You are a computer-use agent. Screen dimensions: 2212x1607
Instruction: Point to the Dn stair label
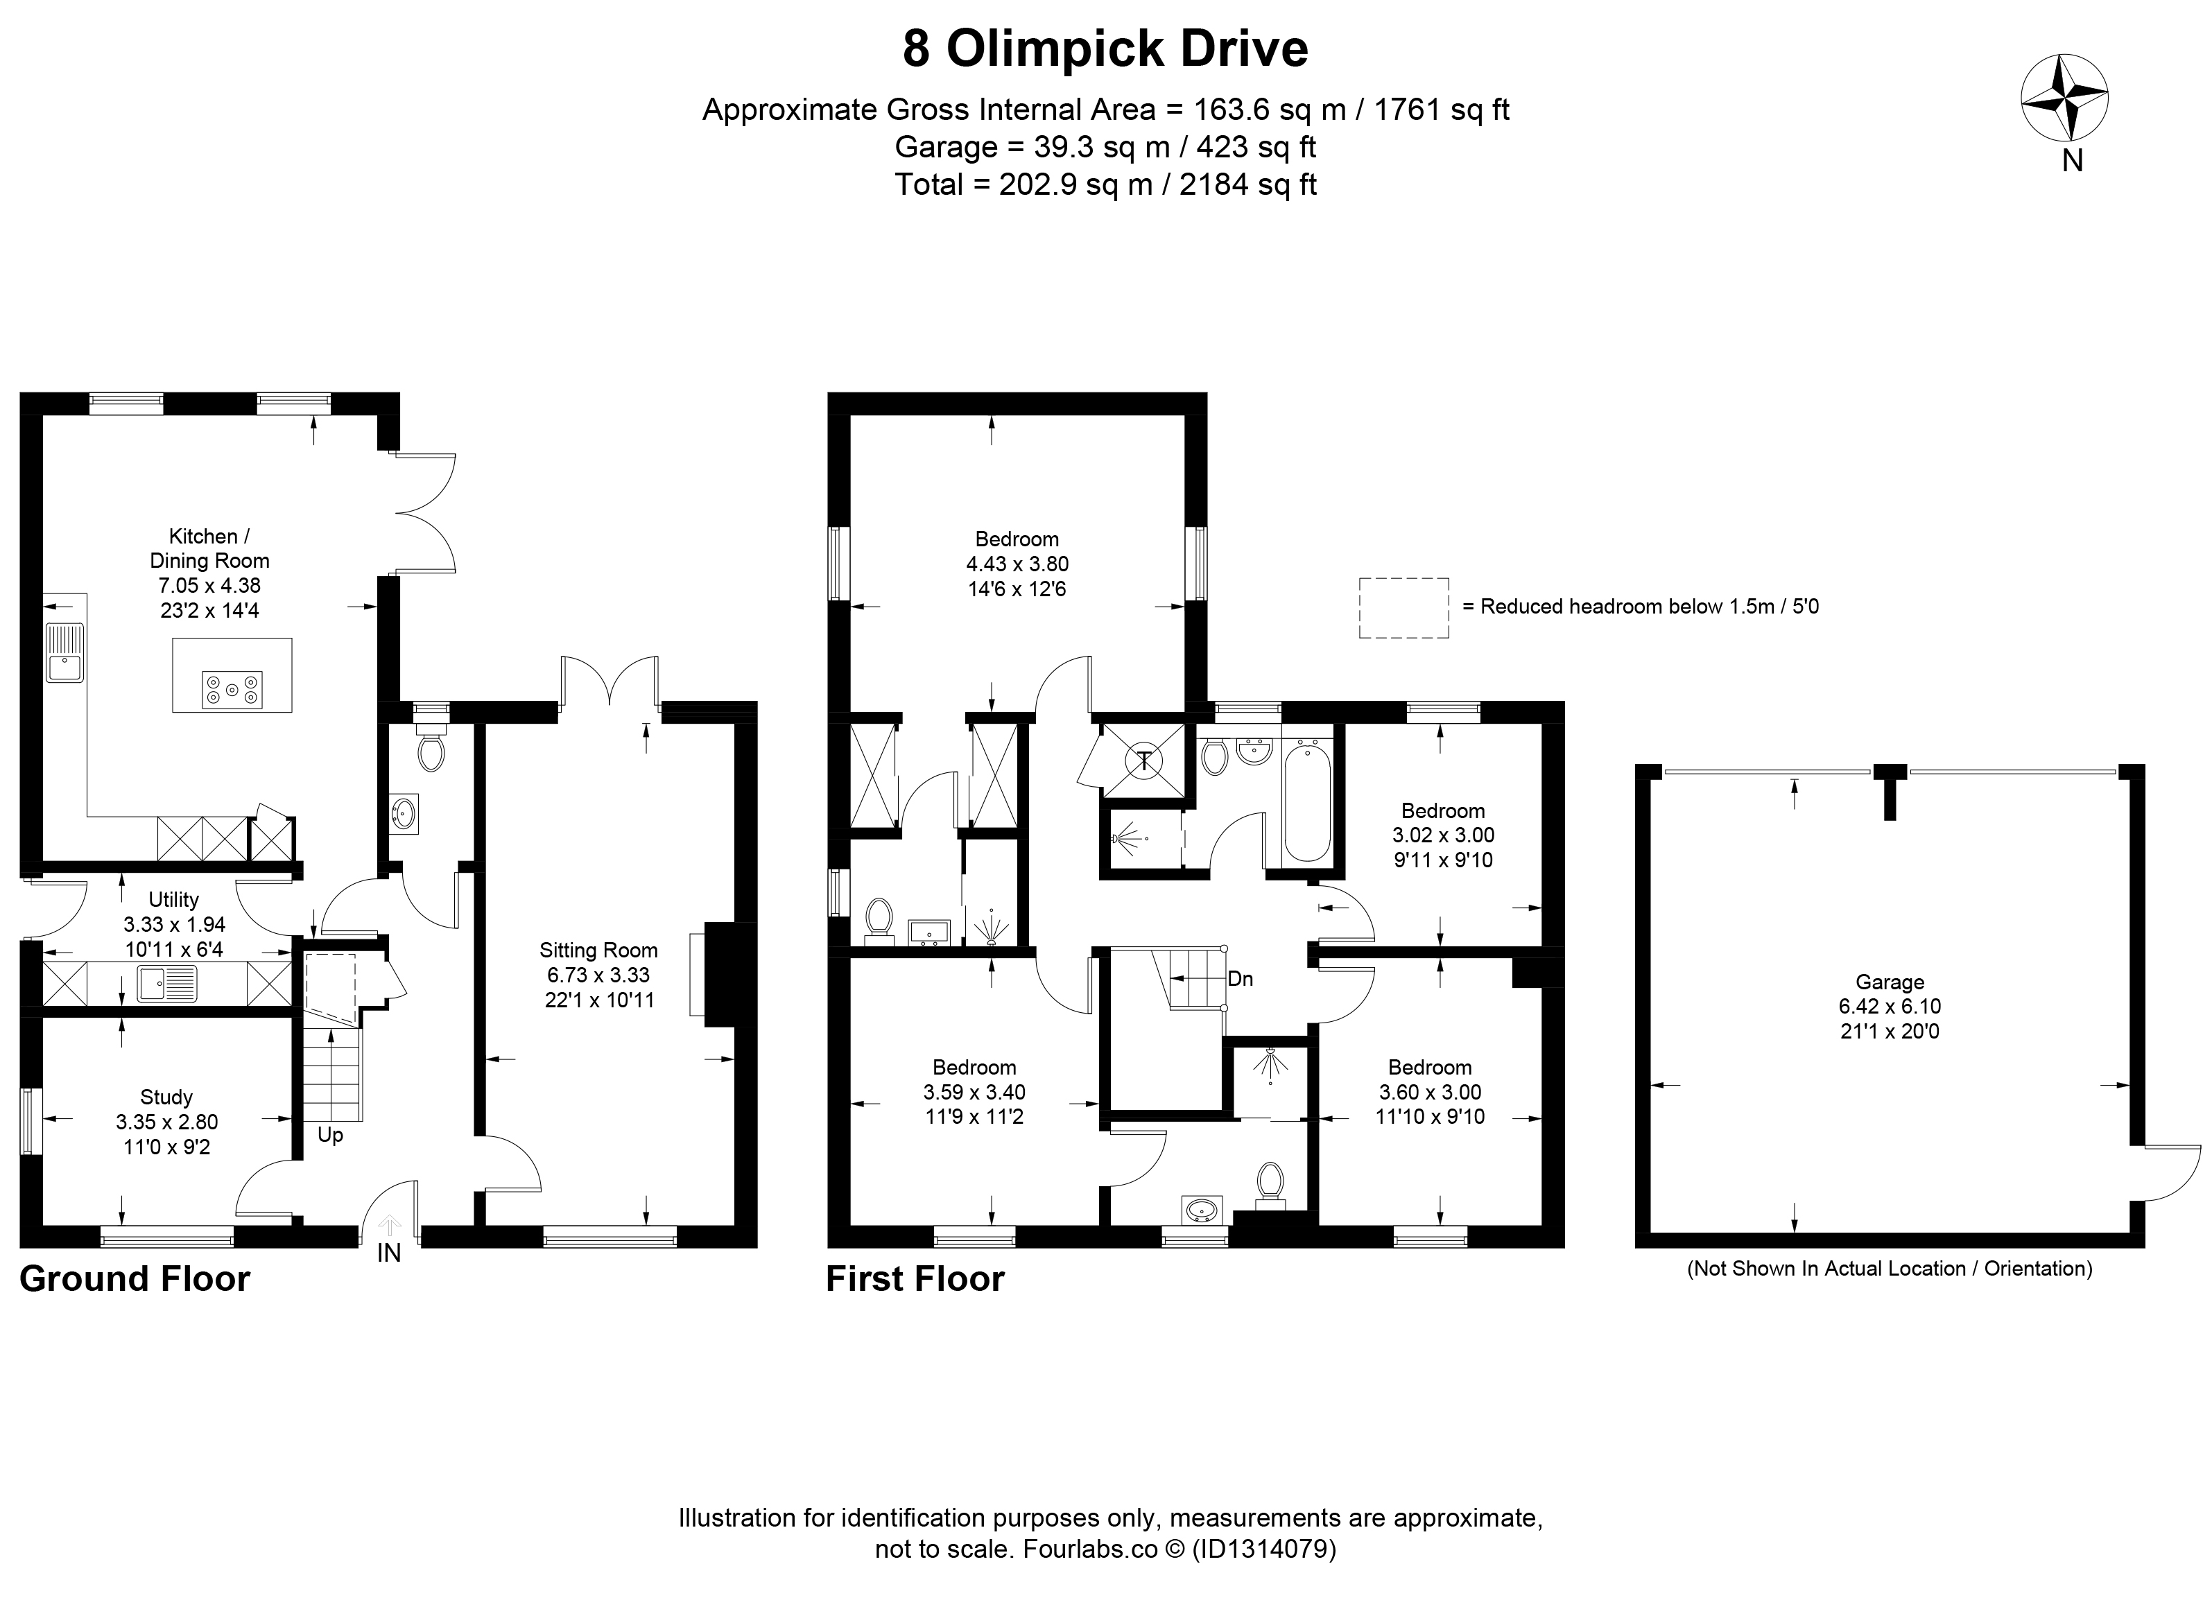(x=1241, y=979)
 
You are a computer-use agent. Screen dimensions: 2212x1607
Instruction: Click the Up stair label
(x=331, y=1135)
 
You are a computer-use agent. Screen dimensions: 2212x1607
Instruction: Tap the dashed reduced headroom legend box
(x=1404, y=607)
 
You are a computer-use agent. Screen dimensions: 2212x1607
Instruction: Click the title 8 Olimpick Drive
(x=1105, y=49)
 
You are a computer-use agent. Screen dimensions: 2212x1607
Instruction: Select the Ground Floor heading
(x=135, y=1278)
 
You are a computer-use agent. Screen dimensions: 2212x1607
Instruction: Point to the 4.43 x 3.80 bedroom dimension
(x=1017, y=564)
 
